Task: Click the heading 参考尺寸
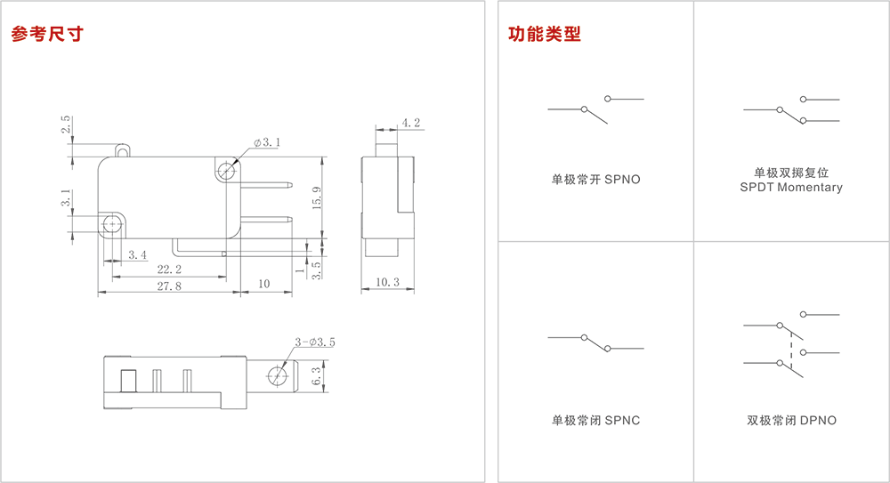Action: click(x=46, y=35)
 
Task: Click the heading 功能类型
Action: click(x=544, y=35)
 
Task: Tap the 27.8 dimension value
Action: click(x=168, y=286)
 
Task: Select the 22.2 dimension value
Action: click(x=168, y=269)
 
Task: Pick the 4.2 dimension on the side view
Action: click(x=410, y=123)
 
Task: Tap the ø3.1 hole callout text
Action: click(x=266, y=142)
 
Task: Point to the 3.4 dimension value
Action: click(x=137, y=255)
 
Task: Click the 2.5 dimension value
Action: click(x=66, y=125)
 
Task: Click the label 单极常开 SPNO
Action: click(x=595, y=180)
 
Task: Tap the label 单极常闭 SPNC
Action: click(x=595, y=421)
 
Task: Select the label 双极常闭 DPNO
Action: click(x=791, y=421)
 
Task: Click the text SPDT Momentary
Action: click(x=790, y=188)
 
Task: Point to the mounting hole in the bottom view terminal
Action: click(x=278, y=377)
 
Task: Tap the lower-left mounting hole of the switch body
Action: click(x=112, y=223)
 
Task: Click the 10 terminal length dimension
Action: click(x=263, y=284)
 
